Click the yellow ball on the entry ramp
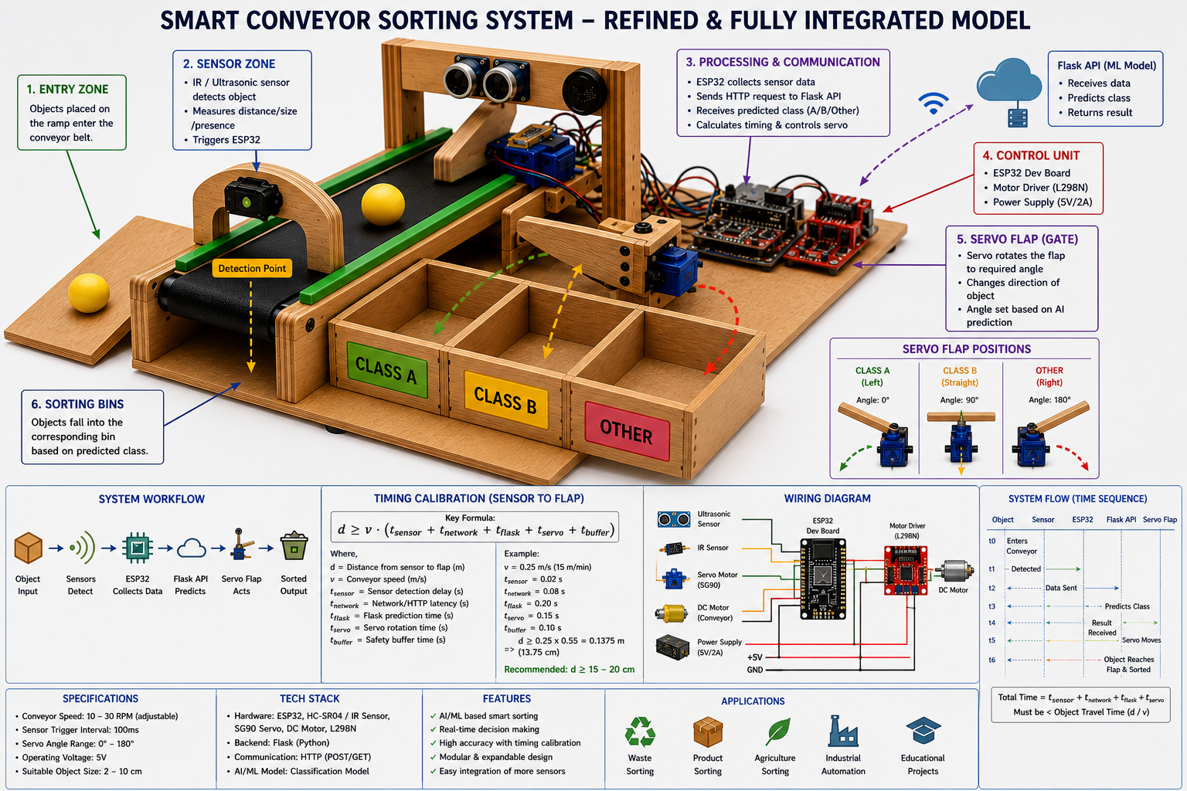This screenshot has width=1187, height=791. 89,293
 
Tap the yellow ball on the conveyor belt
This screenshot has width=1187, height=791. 383,205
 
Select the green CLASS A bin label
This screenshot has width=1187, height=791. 387,370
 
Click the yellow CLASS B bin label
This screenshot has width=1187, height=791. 505,399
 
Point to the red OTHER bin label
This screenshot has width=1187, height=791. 627,431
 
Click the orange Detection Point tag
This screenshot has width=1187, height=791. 252,268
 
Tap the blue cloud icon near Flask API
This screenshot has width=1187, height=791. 1008,81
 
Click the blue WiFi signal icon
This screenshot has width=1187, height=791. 934,103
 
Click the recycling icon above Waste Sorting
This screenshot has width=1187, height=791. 640,732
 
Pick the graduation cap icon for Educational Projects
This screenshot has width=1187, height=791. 923,730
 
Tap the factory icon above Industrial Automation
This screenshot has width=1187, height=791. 842,731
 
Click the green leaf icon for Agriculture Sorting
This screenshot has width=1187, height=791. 777,731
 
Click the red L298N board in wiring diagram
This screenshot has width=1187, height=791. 906,571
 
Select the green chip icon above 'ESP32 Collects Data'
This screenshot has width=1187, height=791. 138,548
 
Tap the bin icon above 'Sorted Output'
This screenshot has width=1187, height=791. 294,545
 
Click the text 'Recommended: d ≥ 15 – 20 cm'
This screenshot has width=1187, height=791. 569,669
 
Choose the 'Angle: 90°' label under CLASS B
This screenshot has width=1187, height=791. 959,400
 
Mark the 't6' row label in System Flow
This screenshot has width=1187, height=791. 992,660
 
